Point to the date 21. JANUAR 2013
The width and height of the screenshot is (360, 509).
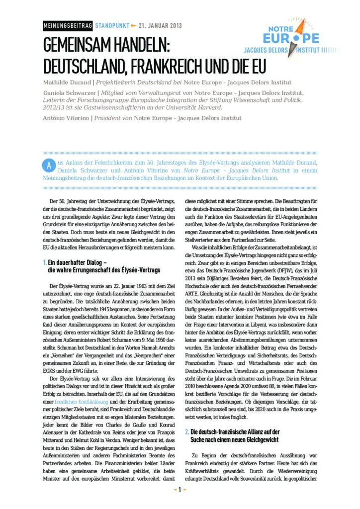[x=160, y=26]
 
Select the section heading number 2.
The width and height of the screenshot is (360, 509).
[x=186, y=432]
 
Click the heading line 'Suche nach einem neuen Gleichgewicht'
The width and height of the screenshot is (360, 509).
[x=235, y=440]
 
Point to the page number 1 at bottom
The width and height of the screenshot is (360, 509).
[x=180, y=490]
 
